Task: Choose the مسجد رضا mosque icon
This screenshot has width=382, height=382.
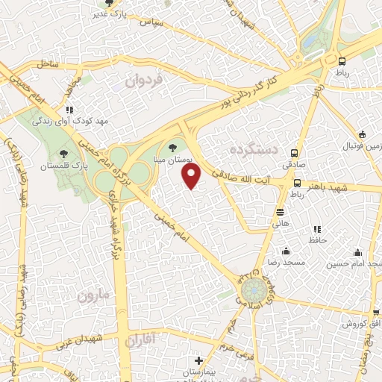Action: (x=286, y=251)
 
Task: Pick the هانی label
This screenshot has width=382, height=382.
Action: (x=281, y=222)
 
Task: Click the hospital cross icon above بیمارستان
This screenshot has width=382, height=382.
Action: (x=198, y=361)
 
